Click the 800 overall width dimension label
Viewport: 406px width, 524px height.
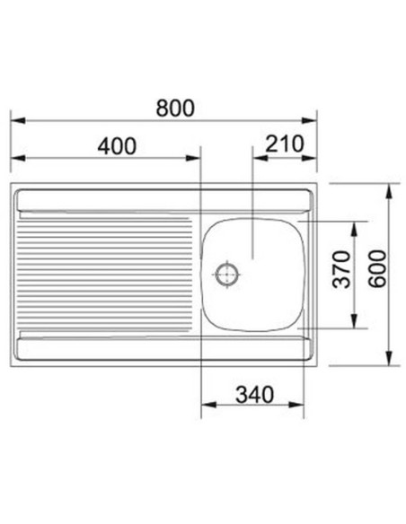[175, 108]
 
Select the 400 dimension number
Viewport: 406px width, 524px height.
[117, 146]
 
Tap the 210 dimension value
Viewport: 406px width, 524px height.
[285, 144]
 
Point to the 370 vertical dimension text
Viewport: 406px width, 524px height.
[342, 269]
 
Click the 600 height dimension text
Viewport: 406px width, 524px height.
[377, 269]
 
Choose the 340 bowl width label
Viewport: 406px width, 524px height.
[255, 395]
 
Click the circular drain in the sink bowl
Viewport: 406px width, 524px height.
[226, 275]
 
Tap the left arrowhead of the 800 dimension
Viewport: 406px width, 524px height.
[18, 120]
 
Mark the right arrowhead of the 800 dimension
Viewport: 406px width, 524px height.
[309, 120]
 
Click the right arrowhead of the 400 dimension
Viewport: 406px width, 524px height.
[192, 158]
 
